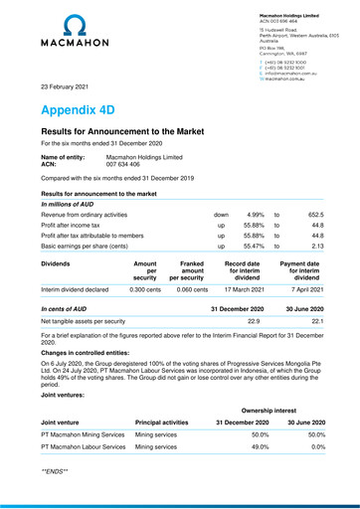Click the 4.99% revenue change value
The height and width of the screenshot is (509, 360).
[253, 214]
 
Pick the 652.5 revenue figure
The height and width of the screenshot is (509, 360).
[316, 214]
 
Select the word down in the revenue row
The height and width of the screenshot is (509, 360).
[221, 214]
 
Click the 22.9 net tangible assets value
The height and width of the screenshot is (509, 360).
[254, 349]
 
